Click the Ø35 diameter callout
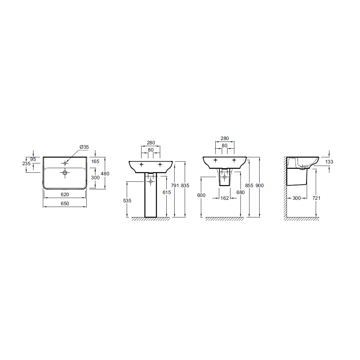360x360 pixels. tap(84, 147)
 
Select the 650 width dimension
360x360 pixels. tap(65, 203)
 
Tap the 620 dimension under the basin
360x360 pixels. tap(65, 194)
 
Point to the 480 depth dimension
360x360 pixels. tap(105, 174)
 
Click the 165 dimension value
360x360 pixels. tap(95, 161)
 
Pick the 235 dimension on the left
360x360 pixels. tap(26, 163)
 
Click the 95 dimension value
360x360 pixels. tap(33, 159)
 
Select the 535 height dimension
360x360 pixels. tap(127, 201)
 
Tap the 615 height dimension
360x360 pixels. tap(167, 192)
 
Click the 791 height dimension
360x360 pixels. tap(175, 185)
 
